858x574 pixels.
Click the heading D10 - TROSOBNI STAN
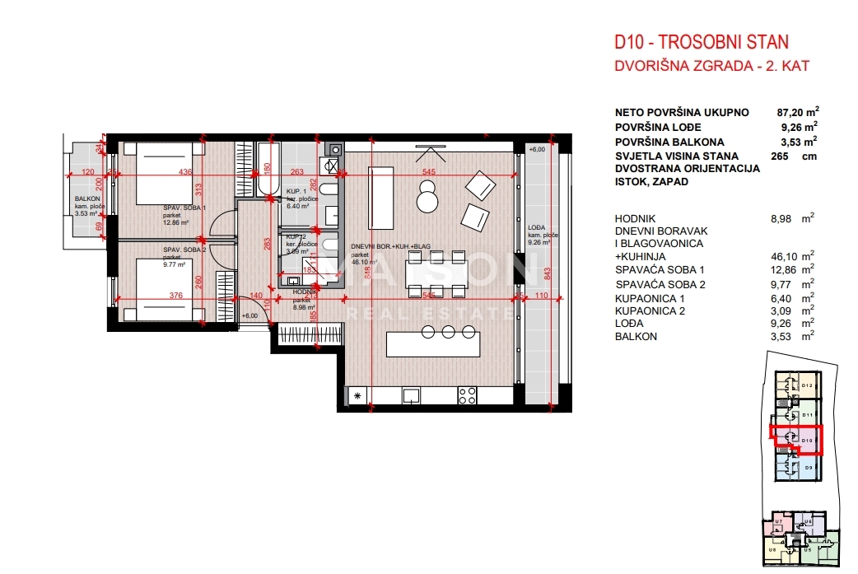pyautogui.click(x=701, y=42)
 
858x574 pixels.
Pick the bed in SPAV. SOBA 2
pyautogui.click(x=161, y=283)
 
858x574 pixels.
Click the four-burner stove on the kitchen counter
pyautogui.click(x=467, y=395)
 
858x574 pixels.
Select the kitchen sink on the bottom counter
pyautogui.click(x=411, y=395)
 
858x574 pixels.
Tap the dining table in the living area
pyautogui.click(x=436, y=271)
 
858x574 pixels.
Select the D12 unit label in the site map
pyautogui.click(x=806, y=385)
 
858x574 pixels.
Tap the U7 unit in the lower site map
pyautogui.click(x=777, y=522)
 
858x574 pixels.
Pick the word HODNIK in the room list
pyautogui.click(x=635, y=218)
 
